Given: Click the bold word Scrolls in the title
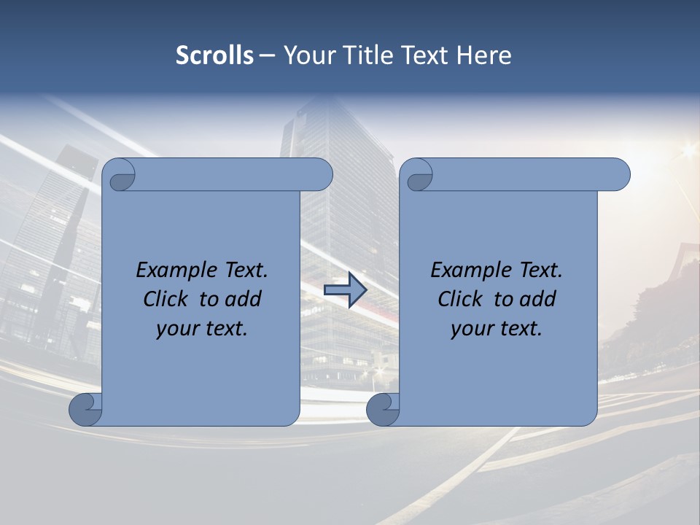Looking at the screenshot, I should (214, 55).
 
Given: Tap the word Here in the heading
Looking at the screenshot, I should (483, 55).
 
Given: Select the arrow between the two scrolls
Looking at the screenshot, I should (345, 291).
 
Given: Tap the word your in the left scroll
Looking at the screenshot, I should (176, 329).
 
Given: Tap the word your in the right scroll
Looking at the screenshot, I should (470, 329).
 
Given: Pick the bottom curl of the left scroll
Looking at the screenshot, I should (85, 410).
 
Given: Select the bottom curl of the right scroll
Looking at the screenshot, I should (382, 410).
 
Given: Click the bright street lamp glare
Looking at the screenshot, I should (688, 151).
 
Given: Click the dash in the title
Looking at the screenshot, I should (268, 56).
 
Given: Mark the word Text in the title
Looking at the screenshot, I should (424, 55).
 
